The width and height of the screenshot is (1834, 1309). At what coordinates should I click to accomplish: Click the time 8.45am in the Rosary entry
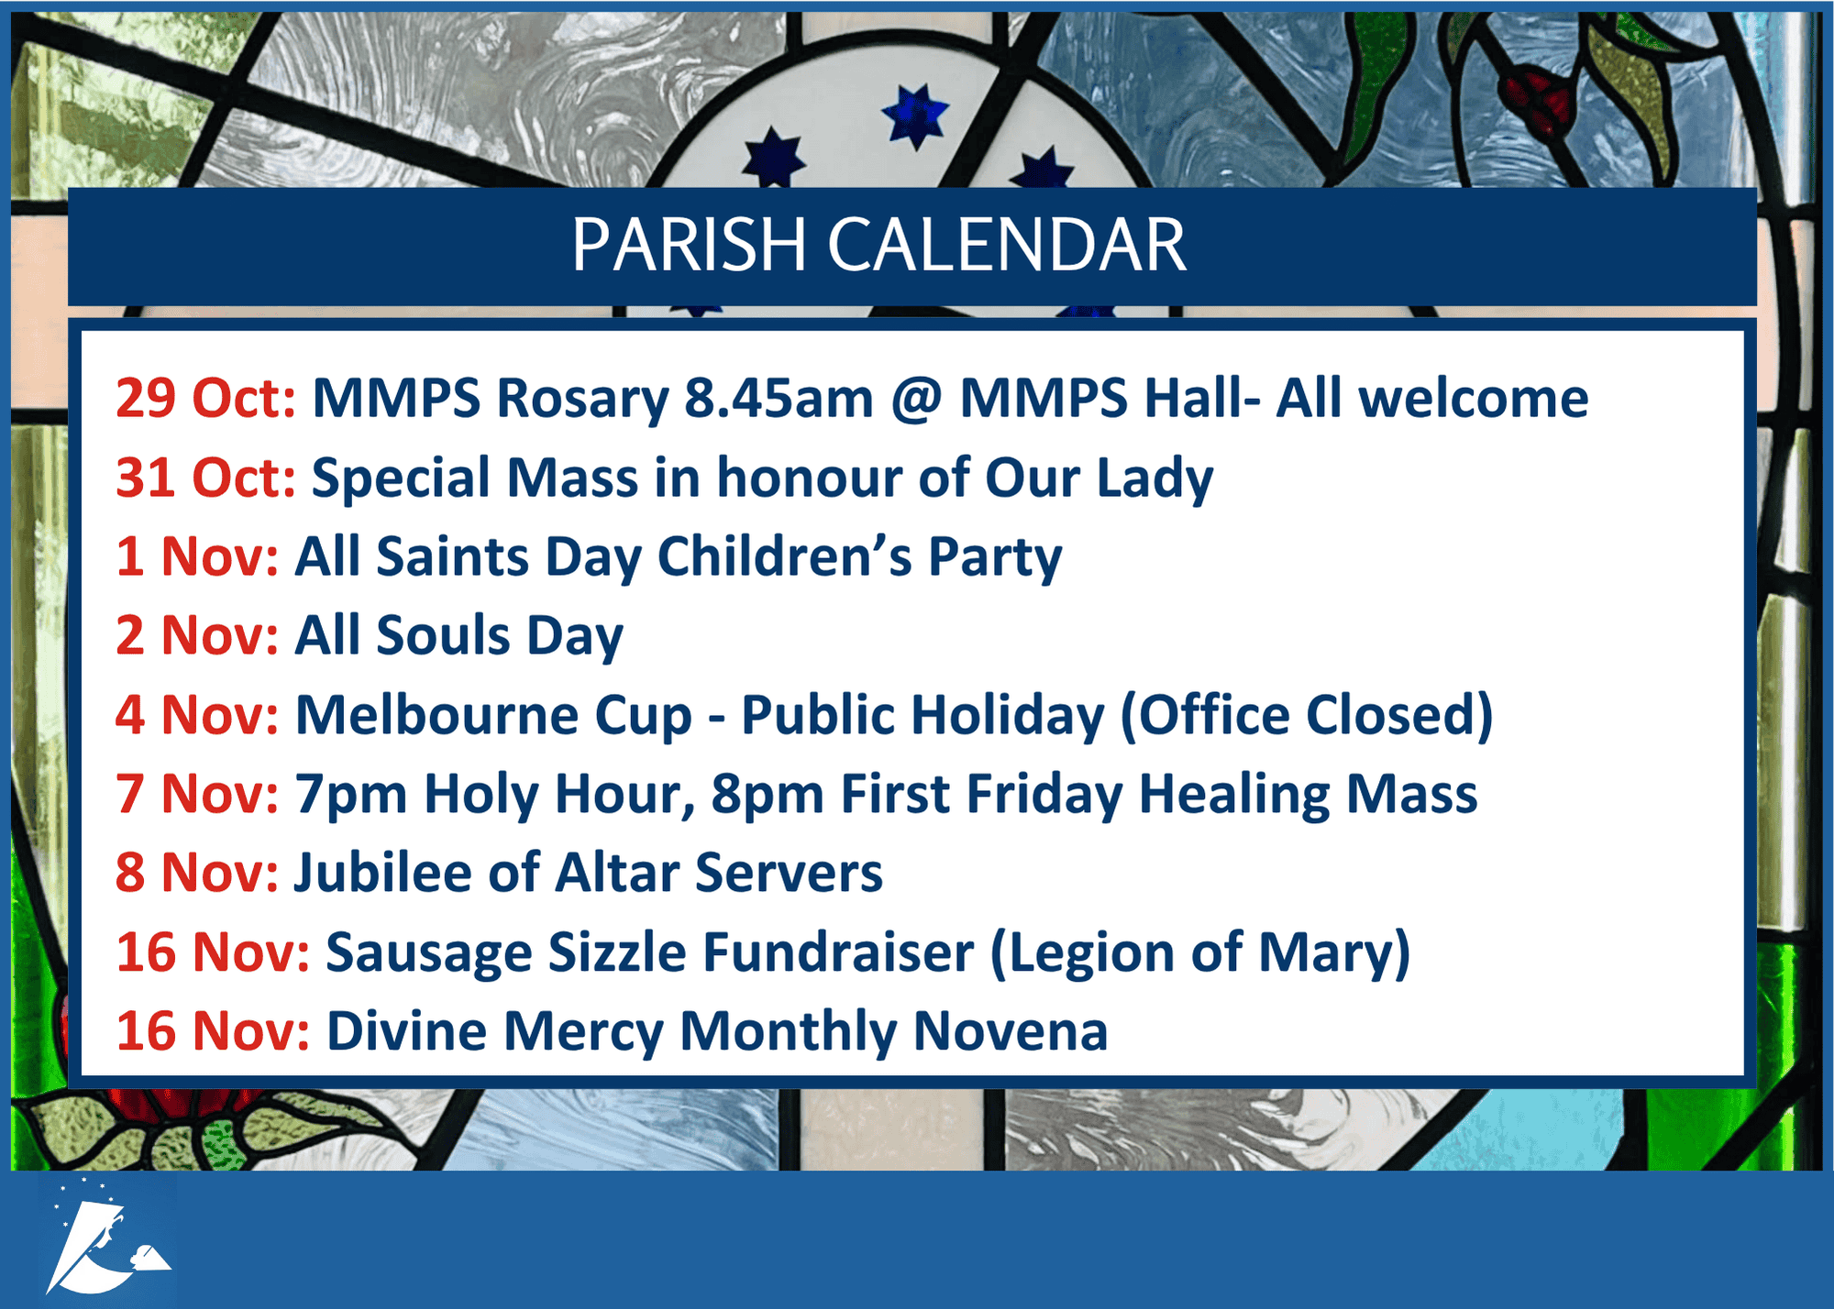tap(779, 398)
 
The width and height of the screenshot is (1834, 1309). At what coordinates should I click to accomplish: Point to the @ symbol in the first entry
tap(916, 400)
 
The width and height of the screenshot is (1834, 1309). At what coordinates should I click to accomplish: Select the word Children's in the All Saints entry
tap(785, 556)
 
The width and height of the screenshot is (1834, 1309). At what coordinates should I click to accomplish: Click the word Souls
tap(442, 635)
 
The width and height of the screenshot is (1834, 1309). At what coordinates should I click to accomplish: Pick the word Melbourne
tap(436, 714)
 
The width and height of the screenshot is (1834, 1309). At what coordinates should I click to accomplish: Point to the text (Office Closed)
tap(1307, 716)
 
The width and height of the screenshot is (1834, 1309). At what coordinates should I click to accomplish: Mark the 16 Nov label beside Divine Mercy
tap(213, 1031)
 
